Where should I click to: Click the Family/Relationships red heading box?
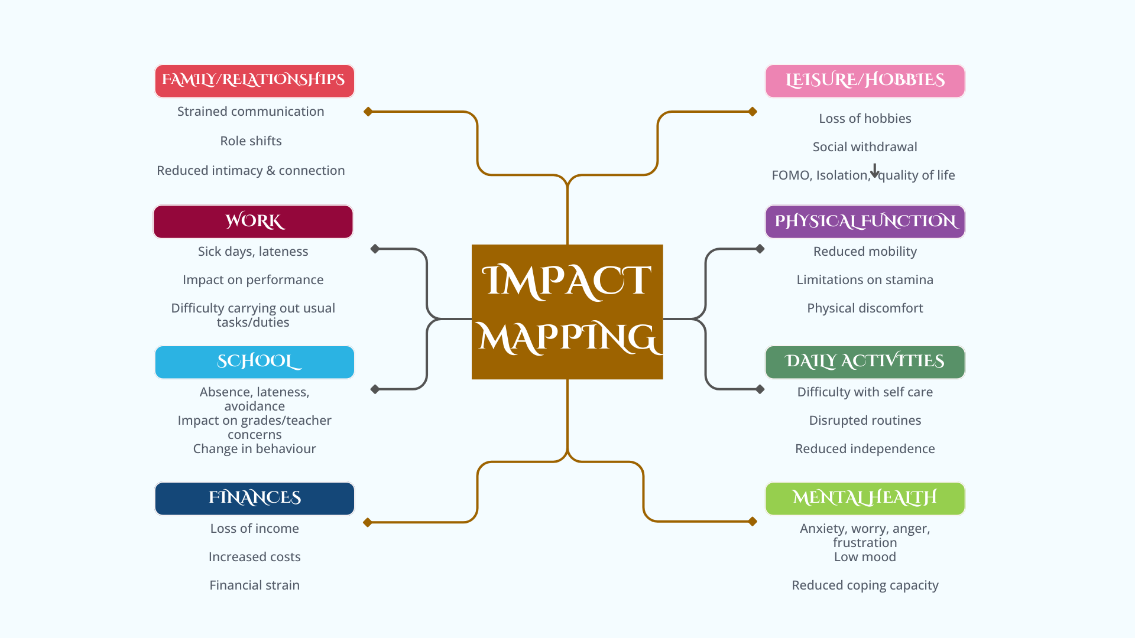pyautogui.click(x=254, y=81)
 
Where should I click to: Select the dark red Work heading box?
pyautogui.click(x=253, y=222)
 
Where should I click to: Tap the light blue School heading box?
pyautogui.click(x=254, y=362)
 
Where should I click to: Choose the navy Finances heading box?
pyautogui.click(x=254, y=499)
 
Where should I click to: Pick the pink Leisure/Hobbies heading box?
pyautogui.click(x=865, y=81)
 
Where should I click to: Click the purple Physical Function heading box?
pyautogui.click(x=865, y=222)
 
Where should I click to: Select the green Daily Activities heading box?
pyautogui.click(x=865, y=362)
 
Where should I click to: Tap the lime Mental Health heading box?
pyautogui.click(x=865, y=499)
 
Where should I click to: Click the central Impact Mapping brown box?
pyautogui.click(x=567, y=311)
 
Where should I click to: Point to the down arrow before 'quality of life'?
pyautogui.click(x=875, y=171)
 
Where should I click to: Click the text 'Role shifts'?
pyautogui.click(x=251, y=141)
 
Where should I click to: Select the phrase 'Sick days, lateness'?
pyautogui.click(x=253, y=252)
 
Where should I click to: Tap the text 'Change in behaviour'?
pyautogui.click(x=254, y=449)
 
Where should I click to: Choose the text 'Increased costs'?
pyautogui.click(x=254, y=557)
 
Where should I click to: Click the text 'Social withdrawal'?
pyautogui.click(x=865, y=147)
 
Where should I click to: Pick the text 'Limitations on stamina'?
pyautogui.click(x=865, y=280)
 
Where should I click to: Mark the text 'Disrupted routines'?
pyautogui.click(x=865, y=421)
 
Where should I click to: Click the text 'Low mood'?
pyautogui.click(x=865, y=557)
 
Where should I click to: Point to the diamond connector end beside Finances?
pyautogui.click(x=368, y=522)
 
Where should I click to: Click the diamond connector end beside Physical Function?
pyautogui.click(x=760, y=249)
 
